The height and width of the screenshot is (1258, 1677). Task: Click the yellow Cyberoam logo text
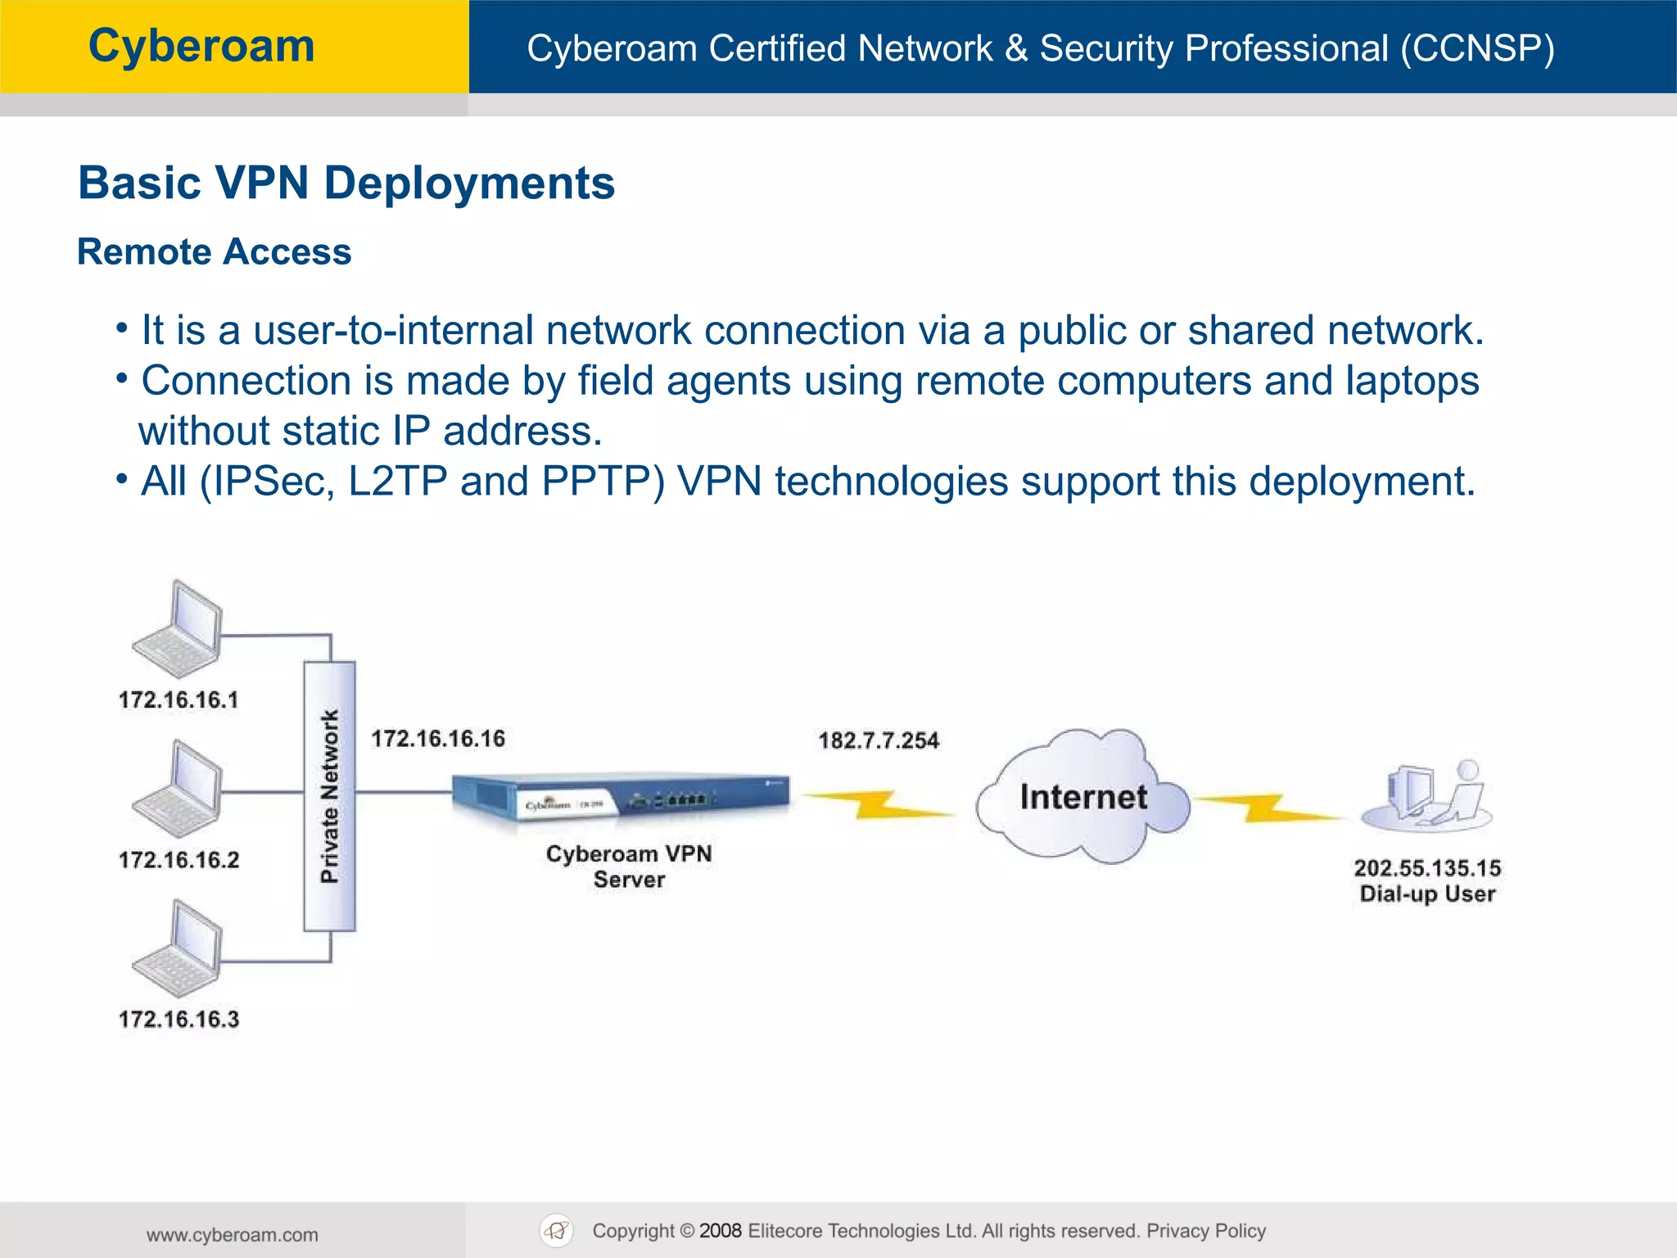pos(201,46)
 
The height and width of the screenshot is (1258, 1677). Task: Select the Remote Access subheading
pos(214,251)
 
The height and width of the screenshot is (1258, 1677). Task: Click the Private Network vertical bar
pos(329,796)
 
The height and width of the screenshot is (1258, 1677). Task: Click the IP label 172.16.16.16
pos(438,739)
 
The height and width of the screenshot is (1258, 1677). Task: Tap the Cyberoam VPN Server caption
pos(629,867)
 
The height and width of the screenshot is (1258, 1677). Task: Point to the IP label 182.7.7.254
pos(879,740)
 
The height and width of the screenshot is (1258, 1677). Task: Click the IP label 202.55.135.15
pos(1427,867)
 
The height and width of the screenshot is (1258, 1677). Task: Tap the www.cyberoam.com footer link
pos(233,1235)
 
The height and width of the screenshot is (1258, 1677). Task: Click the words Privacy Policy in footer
pos(1205,1231)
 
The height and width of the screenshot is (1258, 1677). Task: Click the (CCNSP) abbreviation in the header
pos(1476,48)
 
